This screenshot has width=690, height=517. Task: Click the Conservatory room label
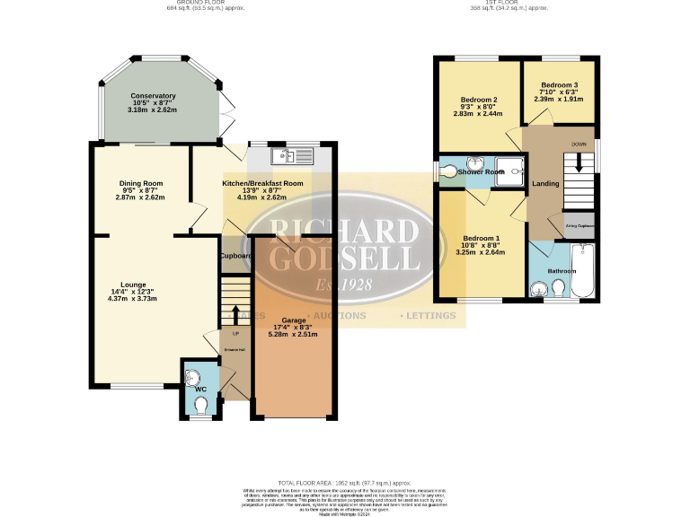153,95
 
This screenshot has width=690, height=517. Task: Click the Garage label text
294,320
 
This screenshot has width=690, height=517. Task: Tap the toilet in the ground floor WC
199,407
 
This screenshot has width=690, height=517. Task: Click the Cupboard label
236,256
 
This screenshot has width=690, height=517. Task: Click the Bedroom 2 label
479,99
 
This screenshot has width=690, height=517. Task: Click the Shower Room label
482,171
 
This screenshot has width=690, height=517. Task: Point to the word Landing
545,184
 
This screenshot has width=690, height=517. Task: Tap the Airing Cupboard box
579,226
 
